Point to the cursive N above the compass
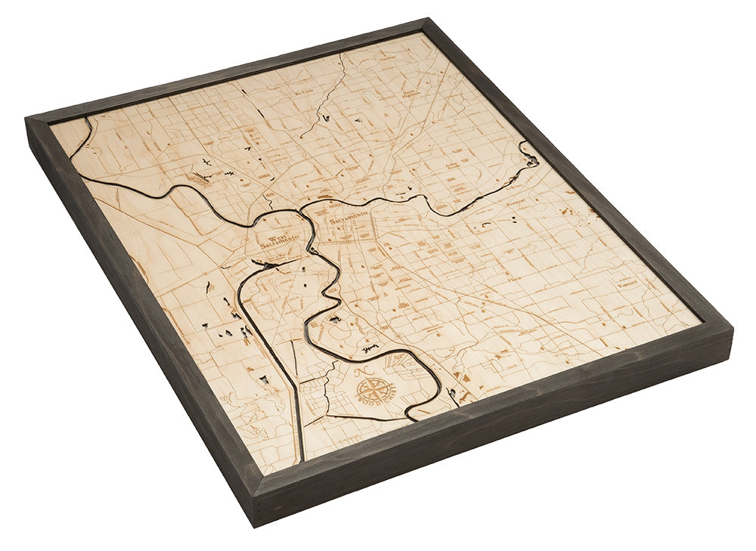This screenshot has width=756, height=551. [x=358, y=372]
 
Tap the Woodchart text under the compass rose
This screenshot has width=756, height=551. [x=377, y=406]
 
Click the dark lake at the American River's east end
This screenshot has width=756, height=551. [x=531, y=158]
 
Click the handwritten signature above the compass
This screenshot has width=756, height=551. [x=370, y=348]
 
